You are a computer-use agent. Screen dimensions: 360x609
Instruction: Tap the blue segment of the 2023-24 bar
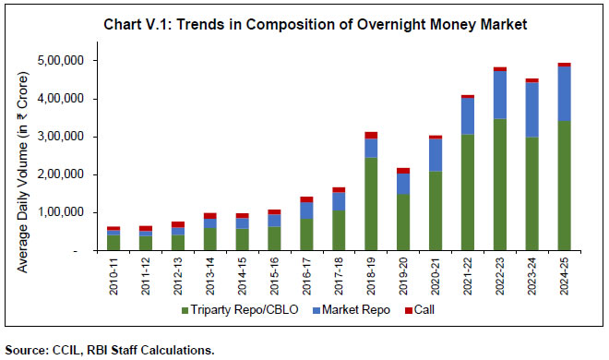pyautogui.click(x=531, y=110)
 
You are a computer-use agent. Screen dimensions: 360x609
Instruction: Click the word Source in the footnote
pyautogui.click(x=27, y=350)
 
